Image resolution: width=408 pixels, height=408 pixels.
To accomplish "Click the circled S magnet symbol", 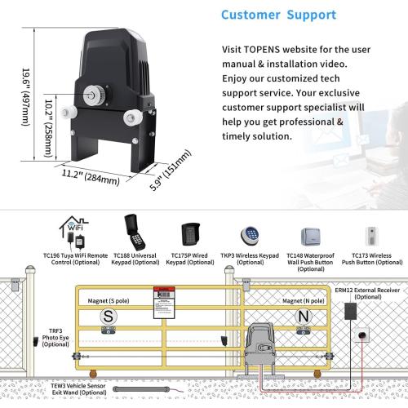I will (107, 315).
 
